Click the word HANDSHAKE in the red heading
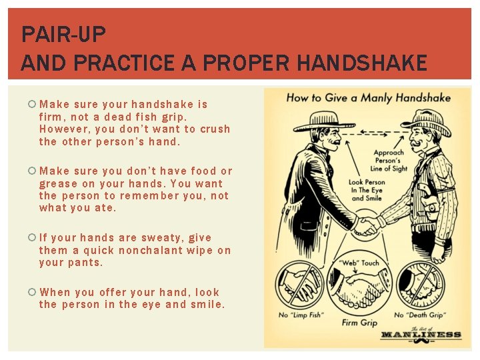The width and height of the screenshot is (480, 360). click(x=362, y=63)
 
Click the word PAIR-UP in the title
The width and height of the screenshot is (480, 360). click(x=64, y=34)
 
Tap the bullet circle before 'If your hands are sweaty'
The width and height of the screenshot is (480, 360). click(x=32, y=237)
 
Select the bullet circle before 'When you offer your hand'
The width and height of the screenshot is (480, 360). click(x=32, y=292)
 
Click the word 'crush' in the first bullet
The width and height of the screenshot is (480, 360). click(x=215, y=129)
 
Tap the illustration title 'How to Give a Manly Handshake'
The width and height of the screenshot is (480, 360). click(x=368, y=98)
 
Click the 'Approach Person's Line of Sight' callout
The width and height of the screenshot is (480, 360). click(x=389, y=161)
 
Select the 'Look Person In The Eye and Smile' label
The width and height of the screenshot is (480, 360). click(x=367, y=190)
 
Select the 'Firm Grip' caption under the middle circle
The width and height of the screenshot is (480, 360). click(x=360, y=323)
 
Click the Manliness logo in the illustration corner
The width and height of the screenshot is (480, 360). click(x=421, y=335)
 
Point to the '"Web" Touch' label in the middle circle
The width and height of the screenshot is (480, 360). click(x=359, y=263)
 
